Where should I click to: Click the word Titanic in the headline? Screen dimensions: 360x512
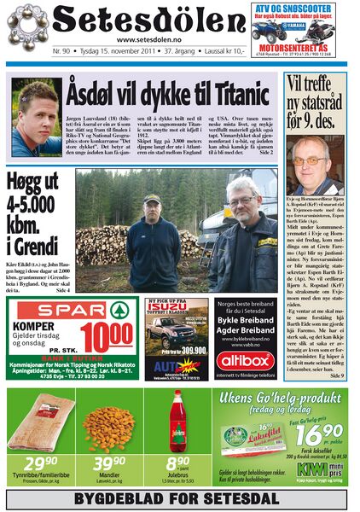click(236, 90)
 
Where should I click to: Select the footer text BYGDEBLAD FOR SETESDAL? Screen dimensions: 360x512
click(179, 499)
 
